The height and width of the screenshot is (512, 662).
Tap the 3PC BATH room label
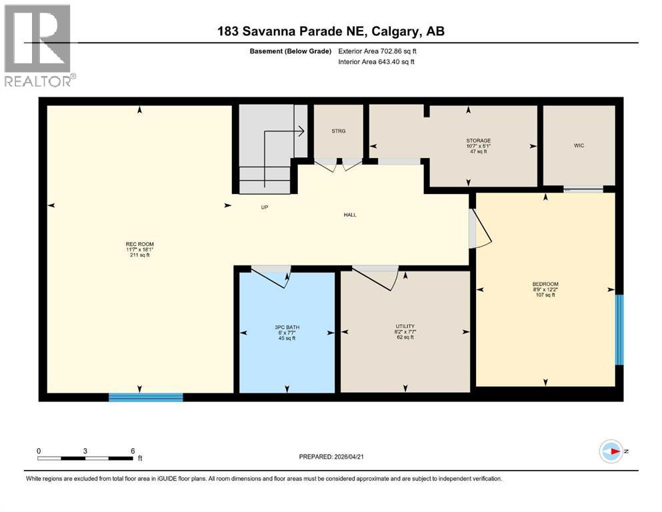coord(287,327)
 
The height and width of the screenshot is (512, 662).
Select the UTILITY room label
coord(404,327)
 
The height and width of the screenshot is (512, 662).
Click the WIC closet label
coord(579,145)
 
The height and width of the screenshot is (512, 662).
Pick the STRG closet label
coord(338,131)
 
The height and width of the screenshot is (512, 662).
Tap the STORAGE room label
coord(478,141)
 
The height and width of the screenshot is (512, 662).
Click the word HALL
coord(349,215)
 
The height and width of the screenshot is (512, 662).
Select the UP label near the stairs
coord(264,207)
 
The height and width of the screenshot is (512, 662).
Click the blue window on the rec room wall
coord(145,397)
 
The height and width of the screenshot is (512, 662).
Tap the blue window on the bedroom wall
coord(619,329)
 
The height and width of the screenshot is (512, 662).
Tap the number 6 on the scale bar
coord(133,450)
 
